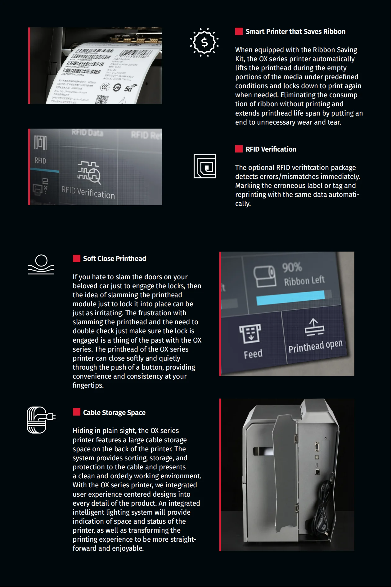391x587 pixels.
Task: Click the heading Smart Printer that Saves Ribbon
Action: (x=295, y=32)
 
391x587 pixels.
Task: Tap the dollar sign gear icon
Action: (x=204, y=42)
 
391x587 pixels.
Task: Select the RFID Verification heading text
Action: (x=271, y=149)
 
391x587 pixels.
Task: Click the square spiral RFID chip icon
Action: (x=205, y=166)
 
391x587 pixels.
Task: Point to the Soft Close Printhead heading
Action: (x=114, y=259)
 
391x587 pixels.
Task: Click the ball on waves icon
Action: (x=41, y=265)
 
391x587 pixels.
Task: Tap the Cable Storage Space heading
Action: (x=114, y=413)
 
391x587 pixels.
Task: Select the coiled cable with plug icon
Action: (x=41, y=420)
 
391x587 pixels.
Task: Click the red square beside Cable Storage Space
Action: (x=77, y=412)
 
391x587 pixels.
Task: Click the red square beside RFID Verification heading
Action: (x=239, y=149)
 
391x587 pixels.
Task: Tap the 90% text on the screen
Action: (x=292, y=267)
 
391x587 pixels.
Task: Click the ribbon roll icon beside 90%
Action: (x=265, y=276)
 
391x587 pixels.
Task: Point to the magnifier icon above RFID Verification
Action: (x=94, y=176)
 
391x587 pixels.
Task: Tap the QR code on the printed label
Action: (x=102, y=100)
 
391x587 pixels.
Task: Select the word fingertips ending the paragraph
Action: (x=88, y=385)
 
